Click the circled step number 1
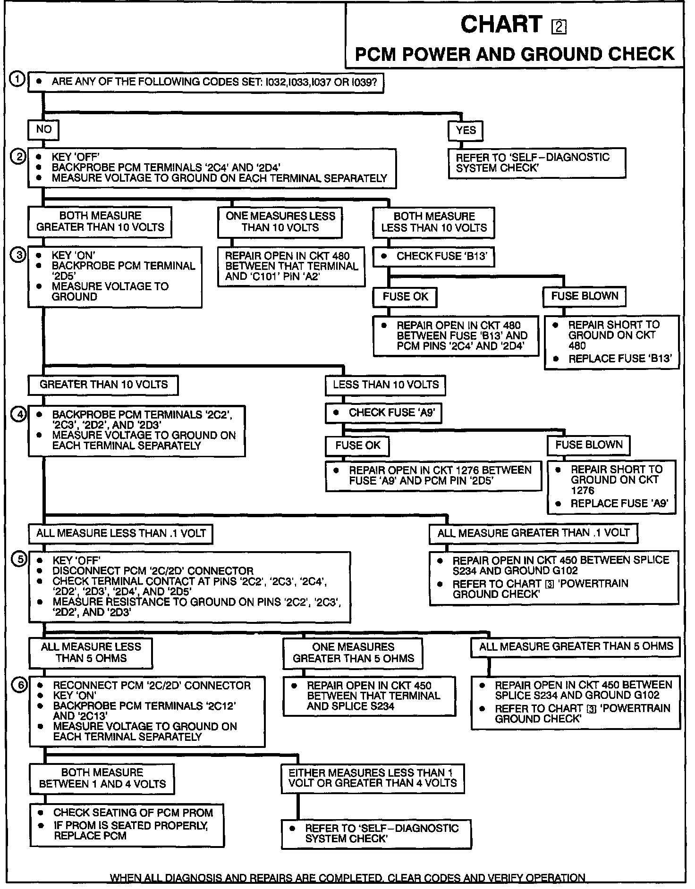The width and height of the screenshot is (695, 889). point(17,80)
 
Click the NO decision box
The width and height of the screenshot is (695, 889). point(43,129)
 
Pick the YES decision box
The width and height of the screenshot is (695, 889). point(466,130)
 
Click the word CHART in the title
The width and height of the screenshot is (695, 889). point(501,25)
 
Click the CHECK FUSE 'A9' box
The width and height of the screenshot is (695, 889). point(384,413)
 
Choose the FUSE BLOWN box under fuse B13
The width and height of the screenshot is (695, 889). point(585,296)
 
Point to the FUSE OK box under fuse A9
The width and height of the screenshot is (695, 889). point(357,445)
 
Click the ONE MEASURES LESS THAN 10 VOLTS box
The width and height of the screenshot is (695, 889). point(280,222)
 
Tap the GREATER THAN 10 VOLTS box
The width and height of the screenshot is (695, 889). point(103,385)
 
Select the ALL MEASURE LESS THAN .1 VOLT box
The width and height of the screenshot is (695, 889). point(120,534)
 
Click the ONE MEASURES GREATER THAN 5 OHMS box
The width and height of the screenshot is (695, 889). point(353,653)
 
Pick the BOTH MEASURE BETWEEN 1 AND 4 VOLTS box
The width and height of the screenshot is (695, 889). point(102,778)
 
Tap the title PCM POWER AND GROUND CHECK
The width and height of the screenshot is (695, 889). point(514,54)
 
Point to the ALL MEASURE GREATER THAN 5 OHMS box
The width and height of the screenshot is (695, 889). point(576,646)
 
